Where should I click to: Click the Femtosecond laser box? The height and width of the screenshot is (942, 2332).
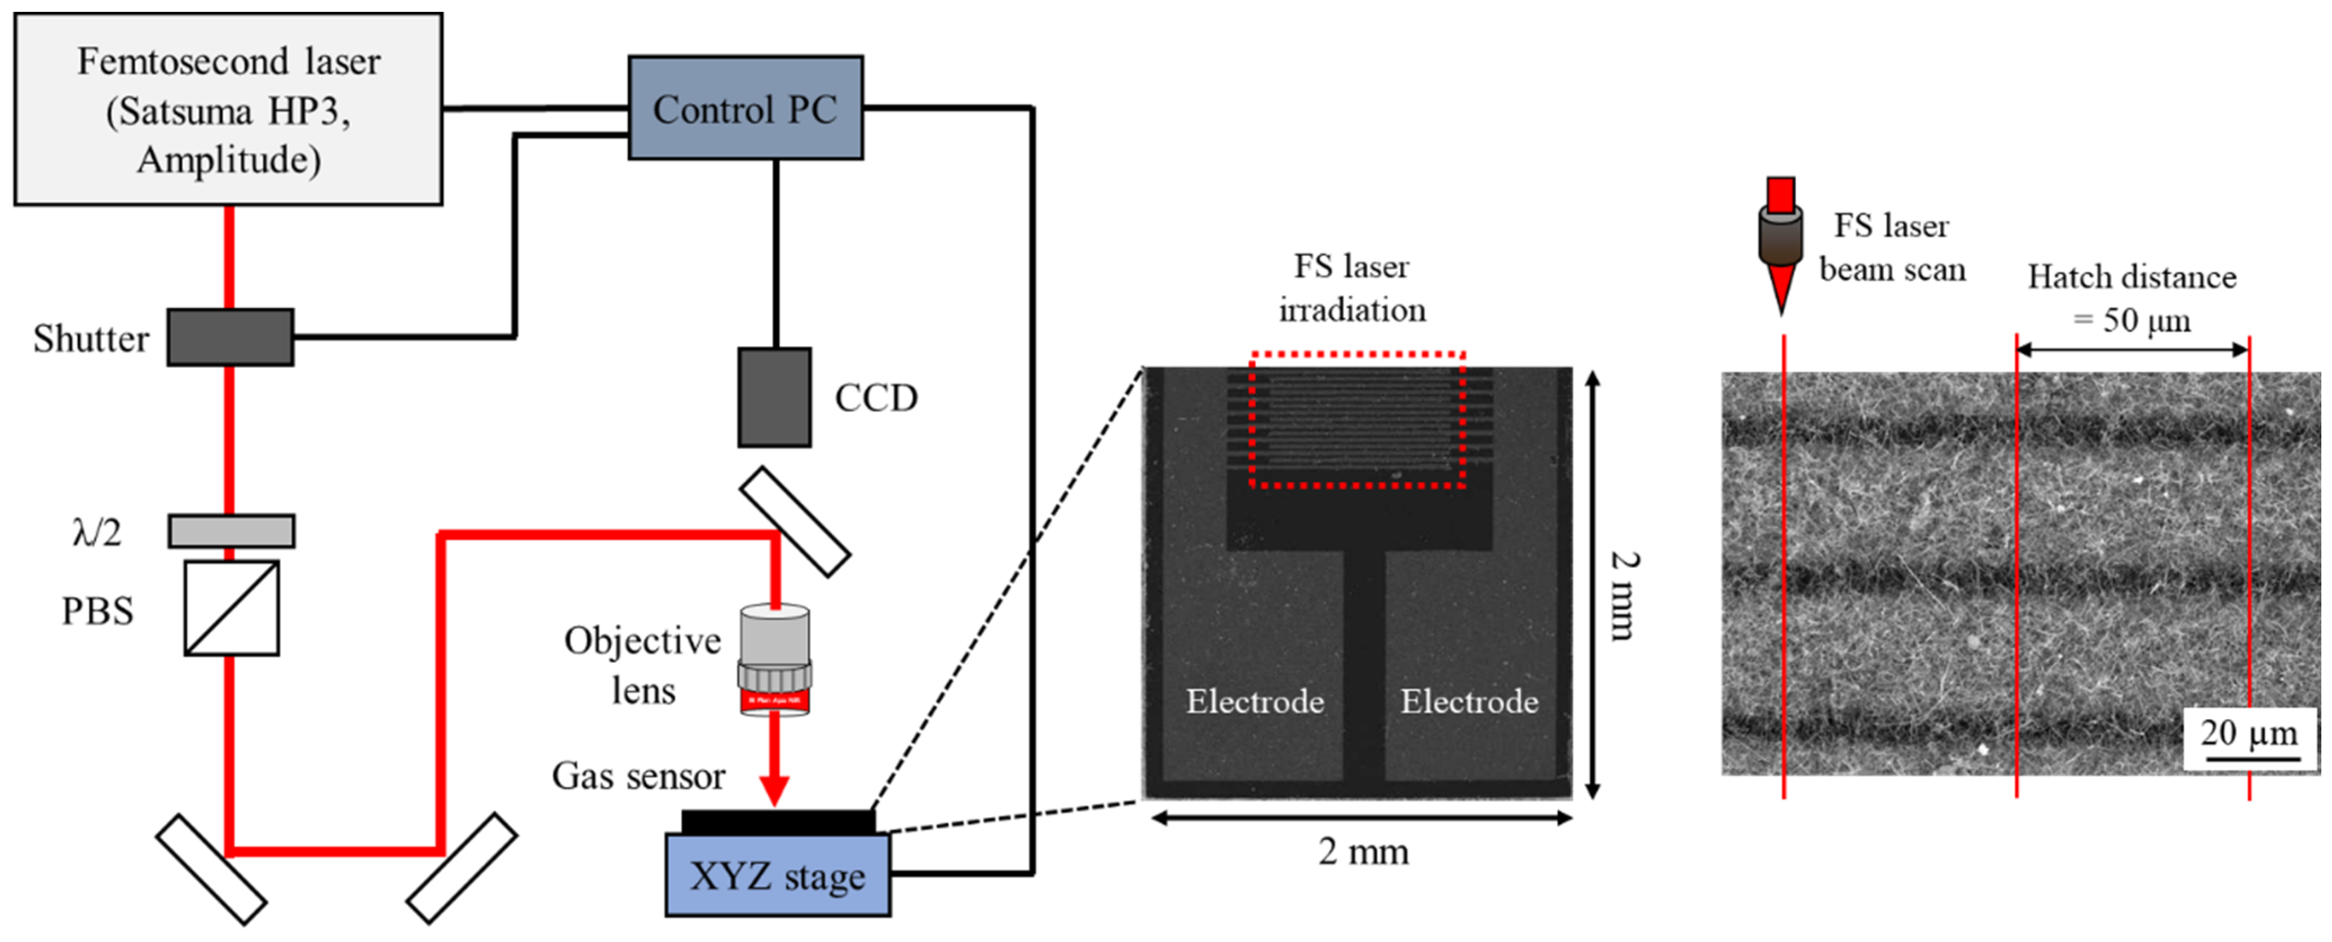click(228, 109)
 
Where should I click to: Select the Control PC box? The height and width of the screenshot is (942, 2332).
click(745, 108)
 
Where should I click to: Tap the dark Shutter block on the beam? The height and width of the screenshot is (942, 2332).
click(230, 337)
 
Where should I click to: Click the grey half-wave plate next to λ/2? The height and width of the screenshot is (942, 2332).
click(231, 531)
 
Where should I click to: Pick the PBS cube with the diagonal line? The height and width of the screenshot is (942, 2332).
click(232, 608)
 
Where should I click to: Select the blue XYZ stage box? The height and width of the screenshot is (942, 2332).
click(778, 875)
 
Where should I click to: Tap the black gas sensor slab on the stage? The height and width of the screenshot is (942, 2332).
click(778, 821)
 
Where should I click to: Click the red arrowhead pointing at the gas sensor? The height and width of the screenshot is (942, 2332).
click(774, 791)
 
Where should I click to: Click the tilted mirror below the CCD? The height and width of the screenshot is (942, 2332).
click(794, 522)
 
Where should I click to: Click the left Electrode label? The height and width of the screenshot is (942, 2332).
click(1254, 701)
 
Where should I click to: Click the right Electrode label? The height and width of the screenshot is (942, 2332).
click(1469, 701)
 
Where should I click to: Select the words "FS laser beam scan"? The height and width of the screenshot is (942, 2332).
click(1892, 247)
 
